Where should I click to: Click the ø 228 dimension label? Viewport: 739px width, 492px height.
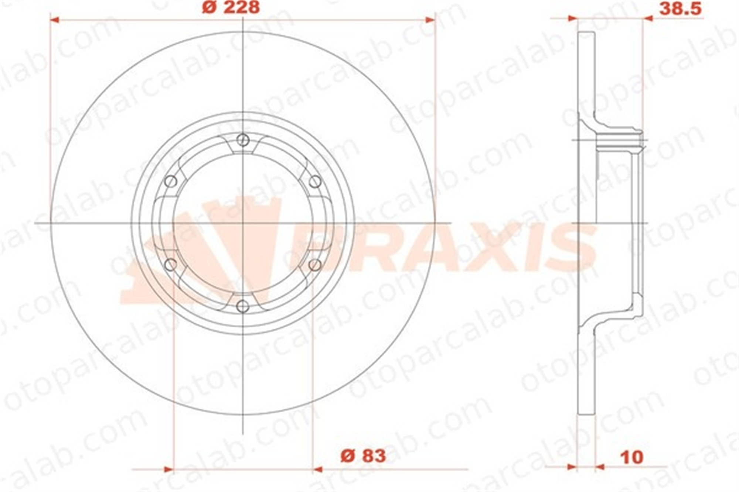click(x=231, y=7)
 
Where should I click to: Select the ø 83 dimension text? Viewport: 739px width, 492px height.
click(x=363, y=456)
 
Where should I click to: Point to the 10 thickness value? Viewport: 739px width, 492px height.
click(x=632, y=458)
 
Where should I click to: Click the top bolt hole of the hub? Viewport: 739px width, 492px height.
click(x=243, y=140)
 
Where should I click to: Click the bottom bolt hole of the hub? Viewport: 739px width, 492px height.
click(x=243, y=306)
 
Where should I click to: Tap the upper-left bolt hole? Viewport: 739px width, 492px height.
click(x=171, y=182)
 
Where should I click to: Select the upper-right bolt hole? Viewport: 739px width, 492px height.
click(x=315, y=182)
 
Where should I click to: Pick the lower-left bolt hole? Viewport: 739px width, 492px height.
click(x=171, y=265)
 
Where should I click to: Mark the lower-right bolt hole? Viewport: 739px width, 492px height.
click(x=315, y=265)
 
